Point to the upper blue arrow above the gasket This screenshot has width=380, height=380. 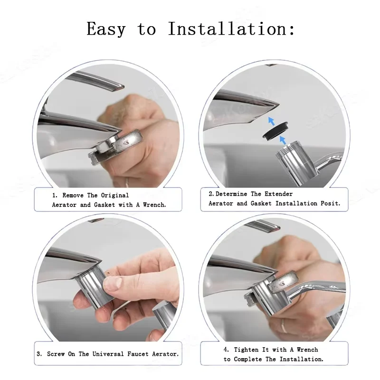pos(272,121)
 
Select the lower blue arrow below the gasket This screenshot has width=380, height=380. pos(283,140)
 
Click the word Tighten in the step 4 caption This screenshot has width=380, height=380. pos(246,350)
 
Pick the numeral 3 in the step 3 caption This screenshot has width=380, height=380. pos(38,354)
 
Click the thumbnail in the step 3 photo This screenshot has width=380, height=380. pos(113,283)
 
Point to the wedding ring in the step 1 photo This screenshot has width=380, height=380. pos(127,182)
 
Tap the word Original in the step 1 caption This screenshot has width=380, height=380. pos(115,195)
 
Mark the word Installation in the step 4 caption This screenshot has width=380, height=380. pos(302,359)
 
